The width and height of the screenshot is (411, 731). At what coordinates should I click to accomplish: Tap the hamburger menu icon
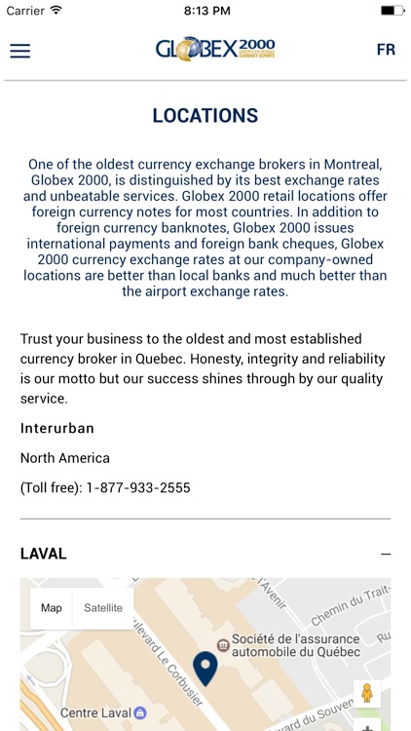tap(19, 51)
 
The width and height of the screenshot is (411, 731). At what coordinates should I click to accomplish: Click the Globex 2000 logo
tap(215, 50)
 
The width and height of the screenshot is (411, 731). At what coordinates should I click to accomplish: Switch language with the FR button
tap(386, 50)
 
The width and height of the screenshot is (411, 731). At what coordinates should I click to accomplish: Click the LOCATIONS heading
tap(205, 116)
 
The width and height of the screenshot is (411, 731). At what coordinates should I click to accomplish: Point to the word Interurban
tap(57, 428)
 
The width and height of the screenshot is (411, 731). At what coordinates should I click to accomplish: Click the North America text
tap(65, 458)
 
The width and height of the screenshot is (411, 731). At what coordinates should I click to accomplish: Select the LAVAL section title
tap(44, 554)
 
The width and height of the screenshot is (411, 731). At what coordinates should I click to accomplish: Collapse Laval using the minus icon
tap(386, 555)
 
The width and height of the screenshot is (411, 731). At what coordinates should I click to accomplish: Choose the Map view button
tap(52, 608)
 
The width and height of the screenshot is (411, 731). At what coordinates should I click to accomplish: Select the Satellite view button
tap(103, 608)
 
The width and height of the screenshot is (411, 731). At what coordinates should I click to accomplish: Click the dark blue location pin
tap(205, 669)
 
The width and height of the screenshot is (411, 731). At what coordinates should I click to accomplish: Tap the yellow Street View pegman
tap(367, 693)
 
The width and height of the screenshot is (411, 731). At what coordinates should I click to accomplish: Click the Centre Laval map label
tap(96, 713)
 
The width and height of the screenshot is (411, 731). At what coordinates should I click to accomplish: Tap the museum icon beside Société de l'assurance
tap(223, 645)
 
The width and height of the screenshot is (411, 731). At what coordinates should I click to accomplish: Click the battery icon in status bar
tap(392, 10)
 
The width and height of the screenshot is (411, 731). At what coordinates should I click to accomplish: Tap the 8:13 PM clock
tap(205, 10)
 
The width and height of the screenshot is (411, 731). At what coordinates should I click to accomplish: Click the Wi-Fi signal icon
tap(56, 10)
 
